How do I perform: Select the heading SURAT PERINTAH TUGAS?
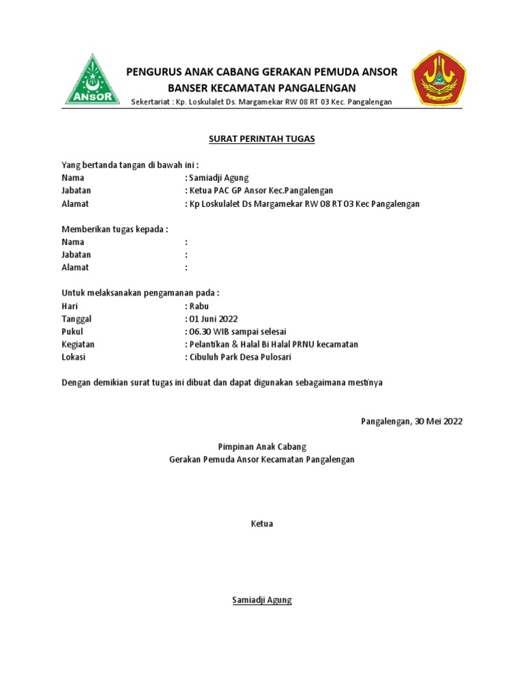coord(262,139)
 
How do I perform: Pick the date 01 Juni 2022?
coord(214,319)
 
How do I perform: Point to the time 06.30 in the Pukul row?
coord(200,332)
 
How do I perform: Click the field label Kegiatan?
coord(78,344)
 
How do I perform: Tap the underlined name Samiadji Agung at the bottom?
coord(262,600)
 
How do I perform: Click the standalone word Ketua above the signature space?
coord(262,524)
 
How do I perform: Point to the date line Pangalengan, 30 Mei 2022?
coord(411,421)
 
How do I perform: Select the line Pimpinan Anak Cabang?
coord(262,446)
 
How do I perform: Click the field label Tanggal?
coord(76,319)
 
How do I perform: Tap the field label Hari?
coord(70,306)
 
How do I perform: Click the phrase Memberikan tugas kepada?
coord(115,229)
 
